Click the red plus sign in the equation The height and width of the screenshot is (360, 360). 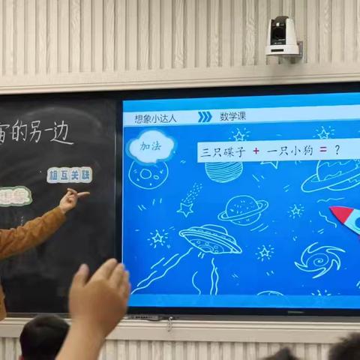click(x=256, y=151)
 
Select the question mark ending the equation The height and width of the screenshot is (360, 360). click(x=337, y=150)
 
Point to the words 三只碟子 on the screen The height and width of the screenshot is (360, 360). click(x=223, y=151)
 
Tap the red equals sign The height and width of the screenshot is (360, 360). click(x=322, y=151)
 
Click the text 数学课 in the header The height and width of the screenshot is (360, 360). click(x=233, y=116)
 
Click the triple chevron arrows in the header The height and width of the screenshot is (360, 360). click(x=204, y=116)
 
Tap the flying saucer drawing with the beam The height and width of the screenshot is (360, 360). click(x=210, y=240)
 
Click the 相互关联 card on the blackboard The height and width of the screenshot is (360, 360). click(x=69, y=175)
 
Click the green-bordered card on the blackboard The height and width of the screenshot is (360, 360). click(x=13, y=196)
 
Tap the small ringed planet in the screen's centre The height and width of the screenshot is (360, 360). click(x=244, y=209)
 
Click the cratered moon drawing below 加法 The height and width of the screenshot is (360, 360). click(x=148, y=174)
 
